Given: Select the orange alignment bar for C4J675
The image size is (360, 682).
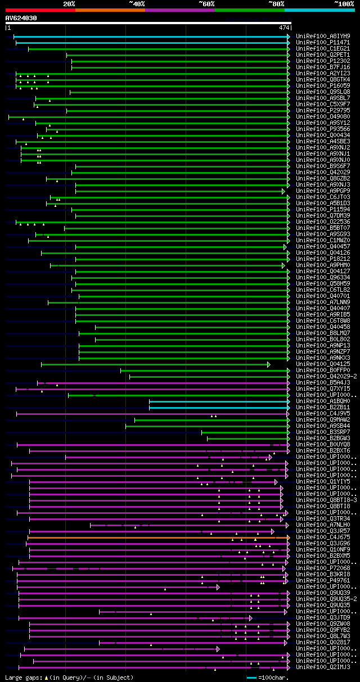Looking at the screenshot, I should click(157, 538).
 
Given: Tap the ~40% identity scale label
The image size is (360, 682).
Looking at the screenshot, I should click(137, 4).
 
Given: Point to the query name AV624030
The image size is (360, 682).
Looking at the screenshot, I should click(21, 18).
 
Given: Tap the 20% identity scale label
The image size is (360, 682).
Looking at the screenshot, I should click(69, 4).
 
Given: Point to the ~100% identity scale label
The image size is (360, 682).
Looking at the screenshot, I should click(344, 4).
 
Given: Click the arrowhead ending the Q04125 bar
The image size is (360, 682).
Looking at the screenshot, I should click(269, 364).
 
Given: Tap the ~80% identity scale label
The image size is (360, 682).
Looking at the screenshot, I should click(276, 4).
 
